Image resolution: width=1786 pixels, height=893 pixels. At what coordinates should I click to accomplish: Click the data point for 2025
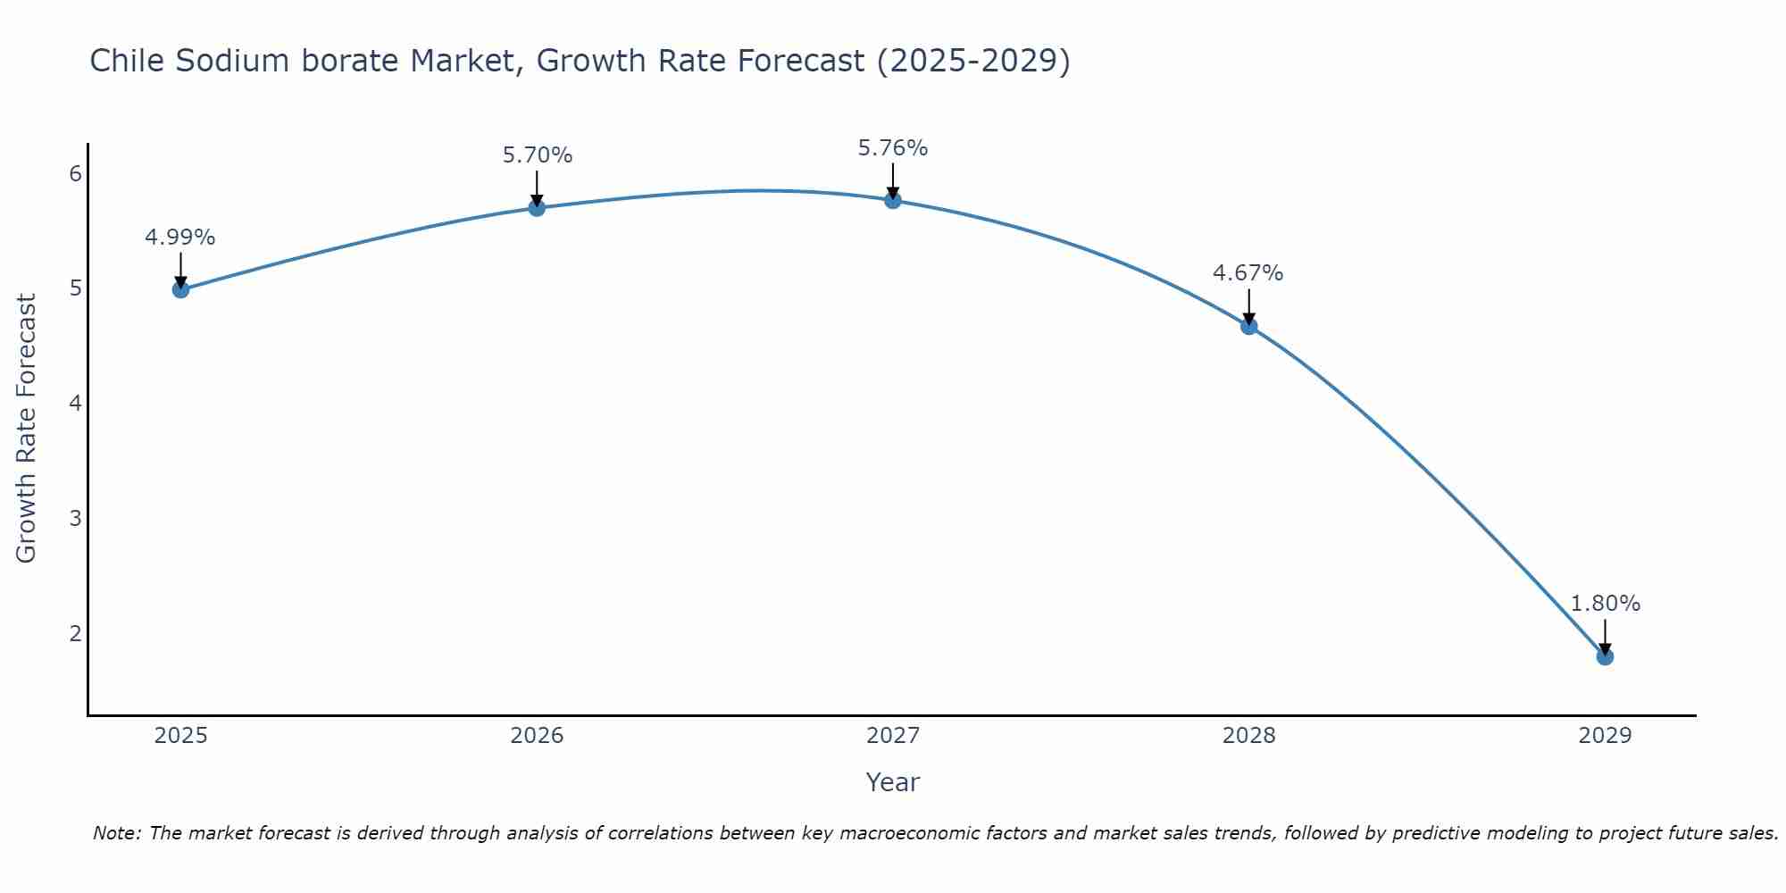click(180, 289)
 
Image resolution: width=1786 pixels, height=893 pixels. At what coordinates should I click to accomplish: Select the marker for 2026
click(537, 208)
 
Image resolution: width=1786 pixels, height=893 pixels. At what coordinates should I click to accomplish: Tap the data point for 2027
click(893, 200)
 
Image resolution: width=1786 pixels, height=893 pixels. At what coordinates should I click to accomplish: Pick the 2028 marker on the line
click(1248, 326)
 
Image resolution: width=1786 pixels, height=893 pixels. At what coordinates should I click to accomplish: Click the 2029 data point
click(1605, 657)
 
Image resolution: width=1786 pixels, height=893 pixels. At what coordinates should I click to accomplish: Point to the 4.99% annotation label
click(180, 238)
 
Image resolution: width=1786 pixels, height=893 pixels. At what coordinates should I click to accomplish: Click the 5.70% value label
click(537, 155)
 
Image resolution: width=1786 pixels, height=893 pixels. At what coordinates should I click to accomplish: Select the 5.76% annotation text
click(893, 148)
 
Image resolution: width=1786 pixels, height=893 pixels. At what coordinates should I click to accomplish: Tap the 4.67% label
click(1248, 273)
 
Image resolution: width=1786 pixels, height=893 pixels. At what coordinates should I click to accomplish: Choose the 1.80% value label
click(1605, 604)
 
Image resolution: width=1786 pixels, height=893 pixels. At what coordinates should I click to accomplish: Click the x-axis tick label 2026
click(537, 736)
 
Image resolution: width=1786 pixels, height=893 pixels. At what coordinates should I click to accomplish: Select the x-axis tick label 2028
click(1248, 736)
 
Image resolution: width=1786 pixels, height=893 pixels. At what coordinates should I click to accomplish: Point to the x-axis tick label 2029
click(1605, 736)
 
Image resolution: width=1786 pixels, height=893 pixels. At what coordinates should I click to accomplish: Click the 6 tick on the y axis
click(75, 173)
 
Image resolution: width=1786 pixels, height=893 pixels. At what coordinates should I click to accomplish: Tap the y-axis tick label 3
click(75, 518)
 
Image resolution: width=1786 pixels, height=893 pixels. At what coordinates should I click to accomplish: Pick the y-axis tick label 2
click(75, 633)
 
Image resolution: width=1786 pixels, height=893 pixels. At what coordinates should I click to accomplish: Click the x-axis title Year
click(892, 782)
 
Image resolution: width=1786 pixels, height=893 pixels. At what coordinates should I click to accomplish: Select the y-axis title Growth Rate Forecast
click(27, 429)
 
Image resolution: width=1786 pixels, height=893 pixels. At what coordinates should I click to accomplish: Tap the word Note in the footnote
click(116, 833)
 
